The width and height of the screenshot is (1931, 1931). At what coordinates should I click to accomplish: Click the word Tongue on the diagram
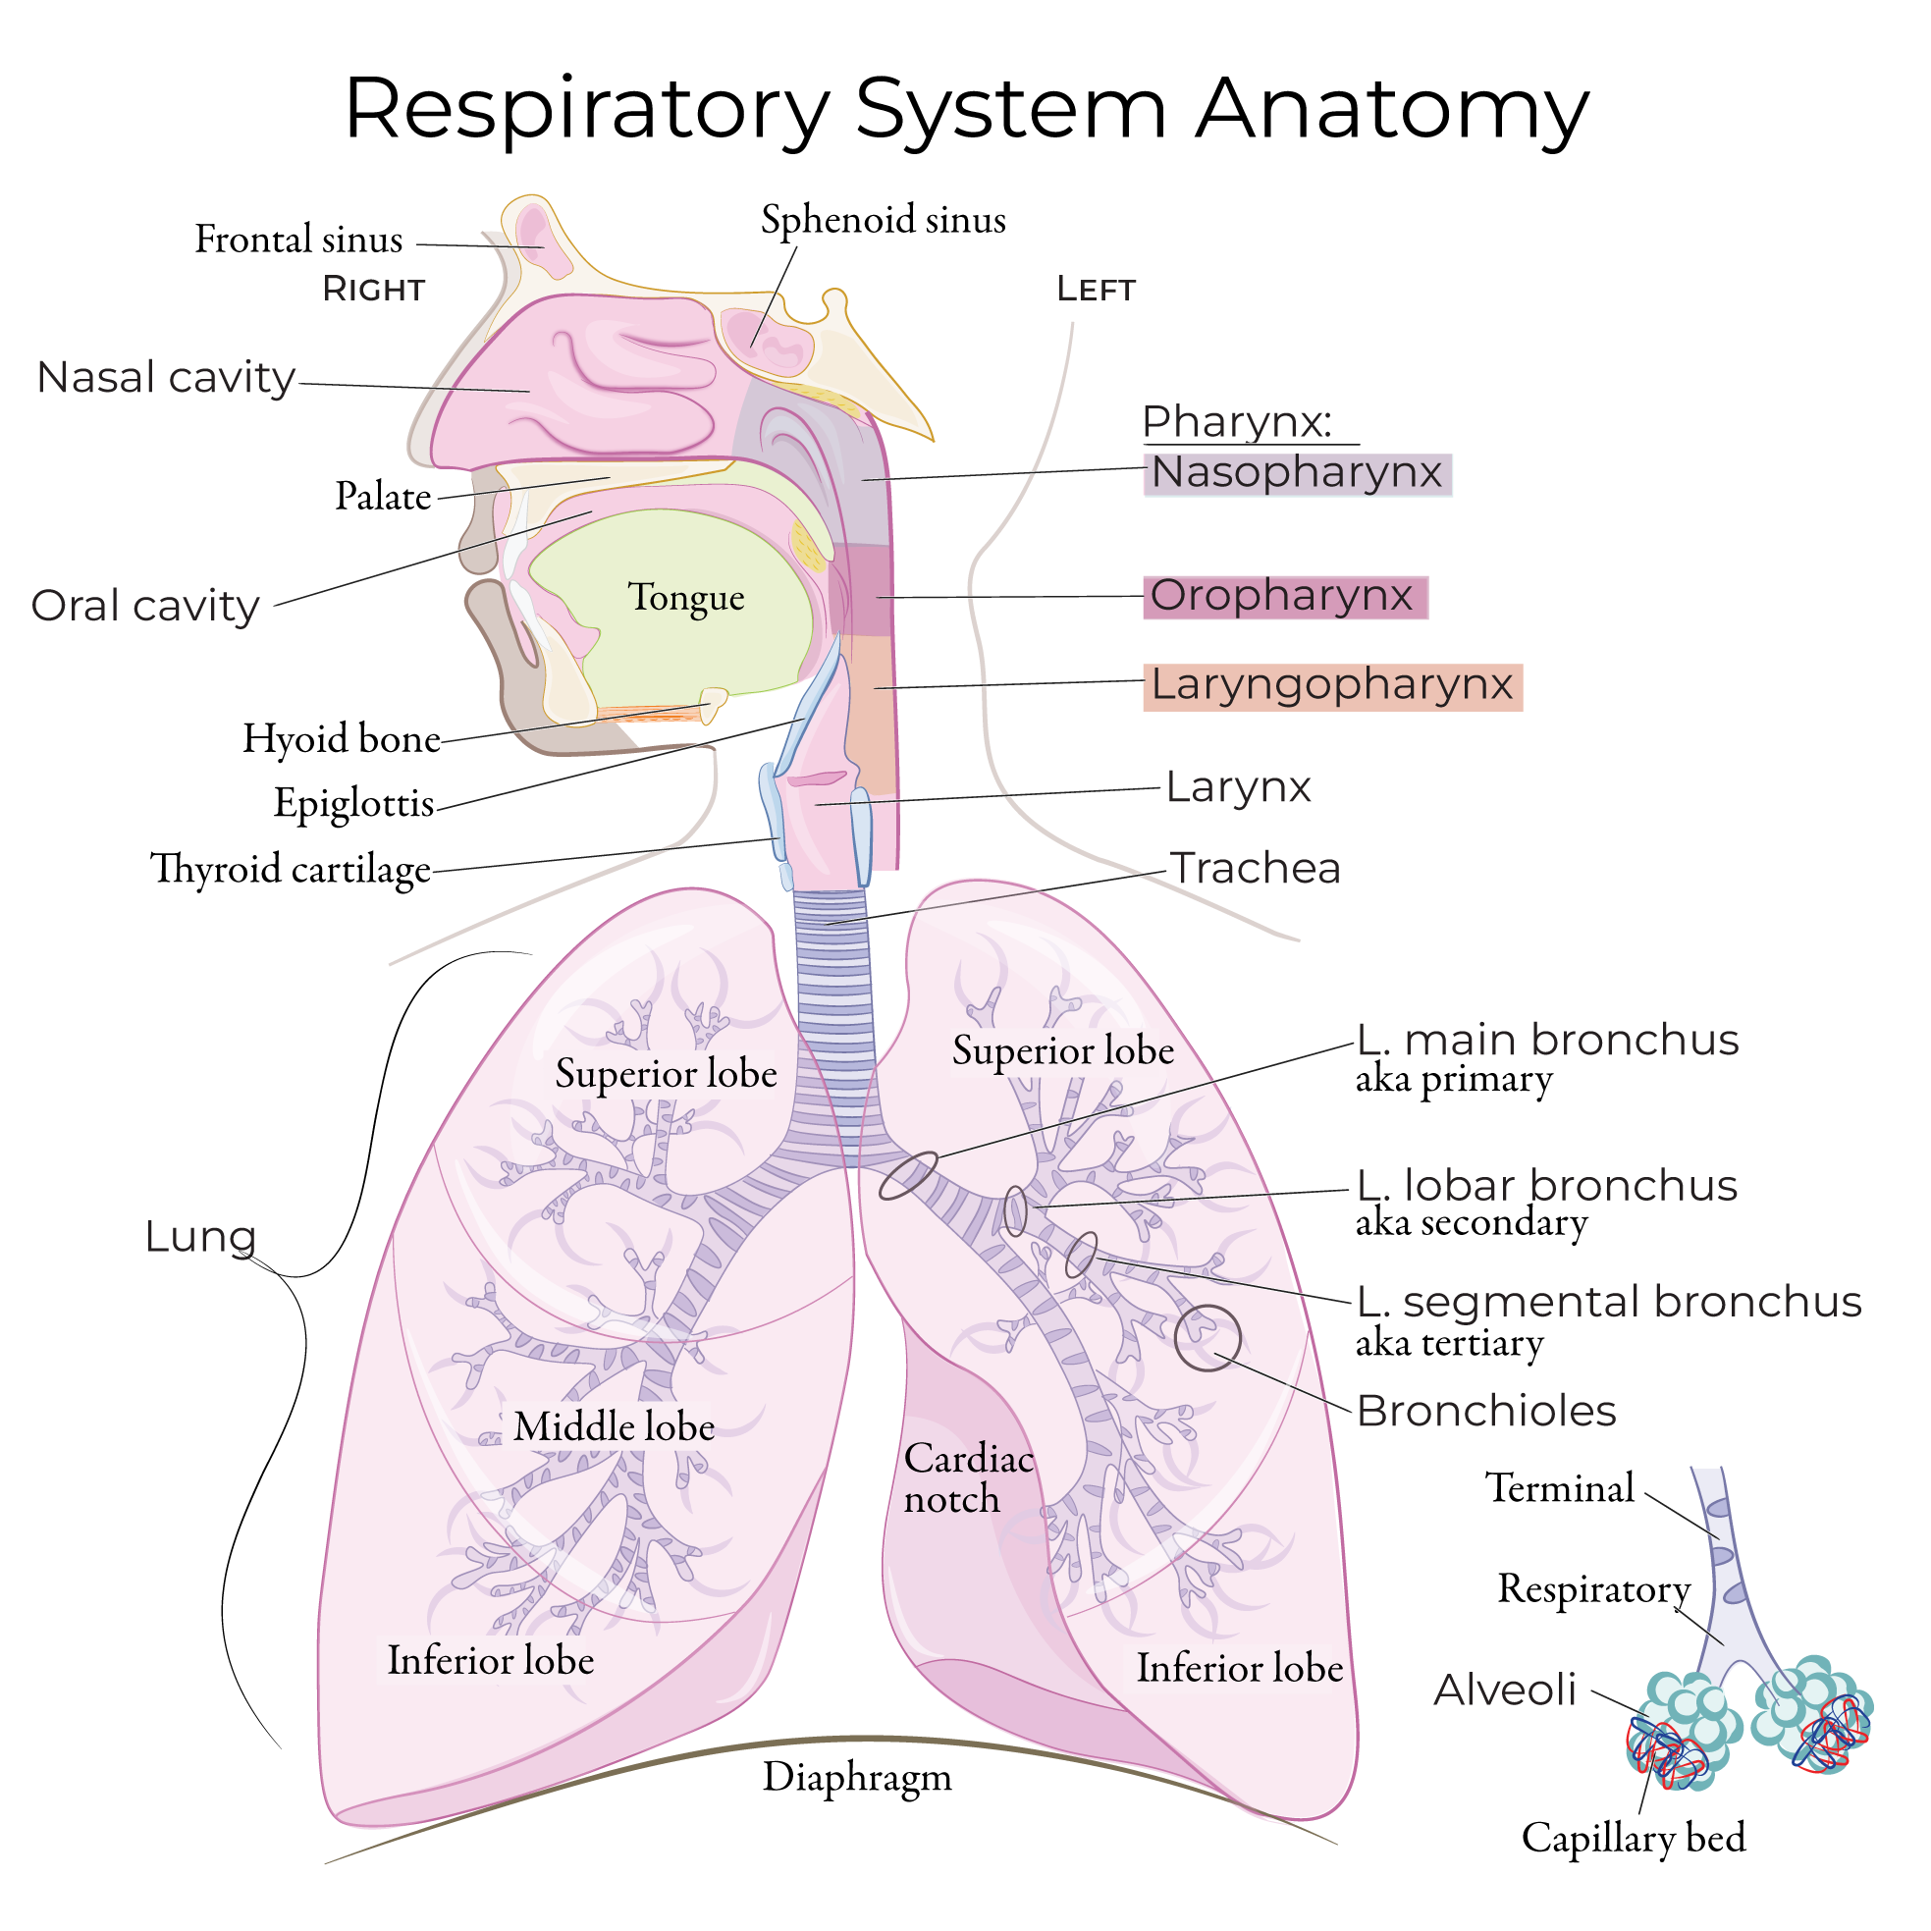click(x=685, y=598)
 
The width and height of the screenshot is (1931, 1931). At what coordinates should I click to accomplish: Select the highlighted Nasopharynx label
click(x=1296, y=473)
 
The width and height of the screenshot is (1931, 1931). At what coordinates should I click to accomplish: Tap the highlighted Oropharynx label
click(x=1283, y=597)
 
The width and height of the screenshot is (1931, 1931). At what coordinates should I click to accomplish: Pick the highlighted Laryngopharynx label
click(x=1331, y=685)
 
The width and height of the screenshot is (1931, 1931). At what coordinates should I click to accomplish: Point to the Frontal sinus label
click(x=297, y=240)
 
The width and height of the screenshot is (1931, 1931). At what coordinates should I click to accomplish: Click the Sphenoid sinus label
click(x=883, y=220)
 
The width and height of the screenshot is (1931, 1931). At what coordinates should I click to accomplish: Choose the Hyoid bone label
click(x=341, y=739)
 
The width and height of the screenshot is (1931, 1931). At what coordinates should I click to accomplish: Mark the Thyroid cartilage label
click(x=290, y=870)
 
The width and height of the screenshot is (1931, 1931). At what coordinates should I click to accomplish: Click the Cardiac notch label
click(x=967, y=1479)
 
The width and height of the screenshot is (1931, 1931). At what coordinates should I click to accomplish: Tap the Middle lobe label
click(x=614, y=1427)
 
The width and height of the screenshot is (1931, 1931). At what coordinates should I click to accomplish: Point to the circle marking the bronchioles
click(x=1207, y=1338)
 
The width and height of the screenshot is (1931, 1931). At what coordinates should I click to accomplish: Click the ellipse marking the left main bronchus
click(x=908, y=1175)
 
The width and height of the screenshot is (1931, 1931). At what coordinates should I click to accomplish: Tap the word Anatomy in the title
click(x=1391, y=110)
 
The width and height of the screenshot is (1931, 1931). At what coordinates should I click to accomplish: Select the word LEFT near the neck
click(x=1096, y=290)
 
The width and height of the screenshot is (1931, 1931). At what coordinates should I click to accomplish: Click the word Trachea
click(x=1255, y=869)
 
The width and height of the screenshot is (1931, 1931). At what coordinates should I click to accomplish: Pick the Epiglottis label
click(x=353, y=804)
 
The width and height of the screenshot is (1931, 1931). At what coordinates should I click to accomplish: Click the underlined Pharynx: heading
click(x=1236, y=423)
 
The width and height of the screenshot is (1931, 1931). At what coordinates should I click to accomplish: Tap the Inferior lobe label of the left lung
click(x=1239, y=1668)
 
